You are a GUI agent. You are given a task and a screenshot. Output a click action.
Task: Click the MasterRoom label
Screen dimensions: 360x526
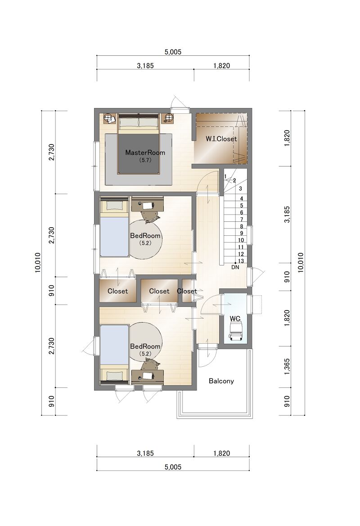click(x=145, y=153)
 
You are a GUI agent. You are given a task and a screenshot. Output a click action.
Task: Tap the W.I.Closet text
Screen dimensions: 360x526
click(x=221, y=139)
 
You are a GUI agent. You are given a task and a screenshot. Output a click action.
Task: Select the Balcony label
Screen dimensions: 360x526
click(x=221, y=381)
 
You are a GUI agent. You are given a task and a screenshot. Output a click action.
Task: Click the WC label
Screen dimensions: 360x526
click(x=235, y=319)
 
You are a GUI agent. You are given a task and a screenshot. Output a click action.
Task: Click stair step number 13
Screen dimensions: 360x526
click(x=241, y=261)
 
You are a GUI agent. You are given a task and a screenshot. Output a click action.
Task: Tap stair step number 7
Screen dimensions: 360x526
click(x=242, y=220)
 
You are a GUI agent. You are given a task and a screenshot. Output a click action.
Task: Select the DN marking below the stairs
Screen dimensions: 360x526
click(x=235, y=267)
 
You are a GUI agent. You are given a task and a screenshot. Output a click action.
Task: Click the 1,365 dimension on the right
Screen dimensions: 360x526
click(x=287, y=367)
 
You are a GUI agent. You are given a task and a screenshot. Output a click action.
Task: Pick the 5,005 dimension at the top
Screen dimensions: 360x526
click(x=173, y=52)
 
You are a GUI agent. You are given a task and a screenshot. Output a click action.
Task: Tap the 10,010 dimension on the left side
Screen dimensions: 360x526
click(x=38, y=262)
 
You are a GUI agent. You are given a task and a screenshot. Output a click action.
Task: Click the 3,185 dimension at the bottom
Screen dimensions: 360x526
click(x=145, y=453)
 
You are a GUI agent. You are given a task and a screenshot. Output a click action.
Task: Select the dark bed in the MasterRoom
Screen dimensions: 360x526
click(x=138, y=144)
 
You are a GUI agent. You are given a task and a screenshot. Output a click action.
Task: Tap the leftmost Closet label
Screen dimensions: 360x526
click(x=117, y=291)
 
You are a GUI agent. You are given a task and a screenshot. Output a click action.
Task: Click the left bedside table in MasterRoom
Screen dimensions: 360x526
click(x=109, y=118)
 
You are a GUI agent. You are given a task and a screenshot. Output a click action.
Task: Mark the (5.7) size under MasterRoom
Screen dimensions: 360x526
click(x=145, y=160)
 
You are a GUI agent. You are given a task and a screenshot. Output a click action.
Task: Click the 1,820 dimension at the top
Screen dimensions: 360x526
click(x=222, y=66)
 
